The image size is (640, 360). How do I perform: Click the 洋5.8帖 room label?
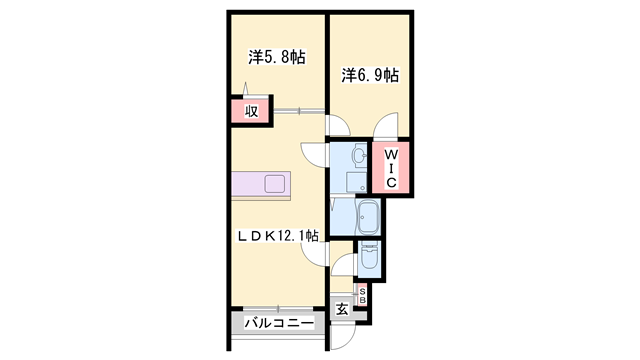pyautogui.click(x=277, y=58)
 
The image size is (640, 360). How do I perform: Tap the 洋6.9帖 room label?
pyautogui.click(x=370, y=74)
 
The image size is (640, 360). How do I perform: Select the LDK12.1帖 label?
pyautogui.click(x=278, y=236)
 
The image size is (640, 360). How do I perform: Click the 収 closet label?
pyautogui.click(x=251, y=110)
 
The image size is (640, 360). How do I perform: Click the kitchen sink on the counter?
pyautogui.click(x=275, y=184)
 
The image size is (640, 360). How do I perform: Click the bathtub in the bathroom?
pyautogui.click(x=363, y=215)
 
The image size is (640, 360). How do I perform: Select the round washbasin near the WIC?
pyautogui.click(x=360, y=155)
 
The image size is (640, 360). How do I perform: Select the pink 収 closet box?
pyautogui.click(x=251, y=110)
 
